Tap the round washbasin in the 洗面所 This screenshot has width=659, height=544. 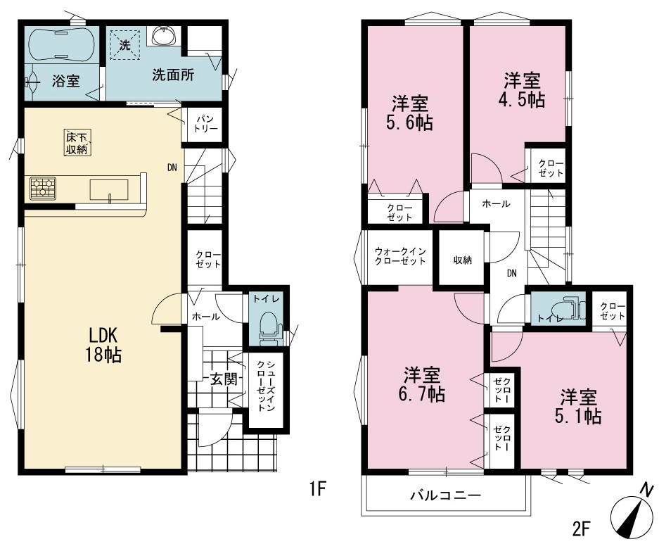click(x=164, y=35)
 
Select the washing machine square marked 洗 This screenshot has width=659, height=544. click(x=125, y=44)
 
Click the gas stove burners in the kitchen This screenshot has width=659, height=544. click(x=43, y=188)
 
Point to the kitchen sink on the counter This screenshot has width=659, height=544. click(x=109, y=190)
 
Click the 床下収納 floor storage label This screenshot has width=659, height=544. click(x=77, y=143)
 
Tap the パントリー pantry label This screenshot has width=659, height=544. click(x=205, y=124)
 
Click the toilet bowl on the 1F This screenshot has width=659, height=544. click(x=267, y=325)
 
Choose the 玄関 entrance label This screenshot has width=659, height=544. click(x=223, y=379)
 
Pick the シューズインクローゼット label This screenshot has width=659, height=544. click(x=266, y=386)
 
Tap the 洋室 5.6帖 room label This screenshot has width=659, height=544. click(x=410, y=112)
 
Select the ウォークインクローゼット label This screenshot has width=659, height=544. click(x=400, y=256)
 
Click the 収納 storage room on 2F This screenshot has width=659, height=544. click(x=462, y=260)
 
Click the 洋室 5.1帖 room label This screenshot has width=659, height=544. click(x=578, y=406)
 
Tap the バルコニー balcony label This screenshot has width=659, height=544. click(x=445, y=495)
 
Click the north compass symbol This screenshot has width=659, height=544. click(x=633, y=510)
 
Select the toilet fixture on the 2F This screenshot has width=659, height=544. click(x=568, y=309)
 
